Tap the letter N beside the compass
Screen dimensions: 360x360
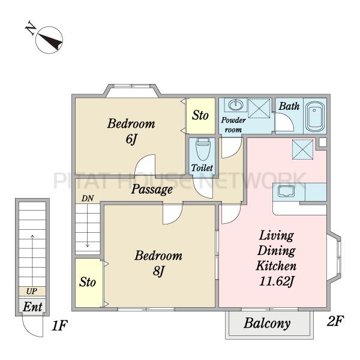click(31, 28)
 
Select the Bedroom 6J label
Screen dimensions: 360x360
click(131, 131)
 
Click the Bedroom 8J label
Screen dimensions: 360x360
click(158, 263)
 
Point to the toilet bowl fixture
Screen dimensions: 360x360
click(203, 149)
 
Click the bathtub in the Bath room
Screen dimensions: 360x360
click(316, 117)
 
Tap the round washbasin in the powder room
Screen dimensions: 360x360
click(235, 105)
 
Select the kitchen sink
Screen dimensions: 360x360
click(286, 191)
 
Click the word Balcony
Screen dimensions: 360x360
click(267, 324)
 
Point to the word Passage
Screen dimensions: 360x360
click(152, 190)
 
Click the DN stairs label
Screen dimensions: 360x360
click(88, 199)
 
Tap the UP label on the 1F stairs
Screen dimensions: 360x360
click(32, 292)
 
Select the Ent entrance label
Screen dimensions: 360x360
click(32, 307)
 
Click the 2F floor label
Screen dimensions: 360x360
click(335, 321)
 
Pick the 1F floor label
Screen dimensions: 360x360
click(59, 326)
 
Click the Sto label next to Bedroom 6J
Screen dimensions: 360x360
click(200, 115)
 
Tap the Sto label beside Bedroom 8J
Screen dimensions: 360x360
click(88, 282)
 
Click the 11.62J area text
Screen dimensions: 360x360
click(277, 281)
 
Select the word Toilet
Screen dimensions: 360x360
click(202, 168)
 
